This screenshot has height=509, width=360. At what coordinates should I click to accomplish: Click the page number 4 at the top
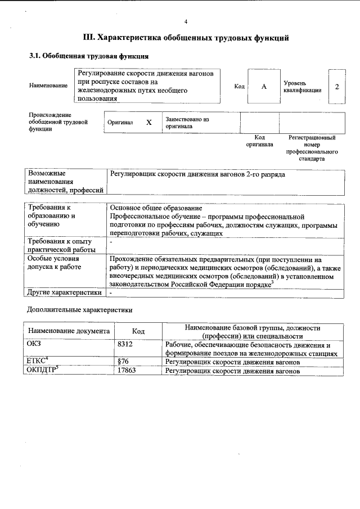[186, 21]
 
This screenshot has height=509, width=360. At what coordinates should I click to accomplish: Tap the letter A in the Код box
[263, 87]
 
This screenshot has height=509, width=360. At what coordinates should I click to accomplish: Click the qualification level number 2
[336, 87]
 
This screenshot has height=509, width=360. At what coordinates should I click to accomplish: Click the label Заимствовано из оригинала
[187, 123]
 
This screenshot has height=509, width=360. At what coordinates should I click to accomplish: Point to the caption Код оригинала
[259, 141]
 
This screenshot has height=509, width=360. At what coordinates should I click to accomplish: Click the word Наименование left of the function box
[48, 86]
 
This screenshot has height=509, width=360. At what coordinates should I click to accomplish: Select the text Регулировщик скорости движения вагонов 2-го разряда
[197, 174]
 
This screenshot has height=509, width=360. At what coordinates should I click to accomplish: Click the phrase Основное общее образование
[156, 208]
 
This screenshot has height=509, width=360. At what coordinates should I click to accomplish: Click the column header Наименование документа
[68, 331]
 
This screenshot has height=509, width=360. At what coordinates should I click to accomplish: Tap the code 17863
[127, 371]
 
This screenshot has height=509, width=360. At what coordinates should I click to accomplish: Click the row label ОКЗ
[34, 344]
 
